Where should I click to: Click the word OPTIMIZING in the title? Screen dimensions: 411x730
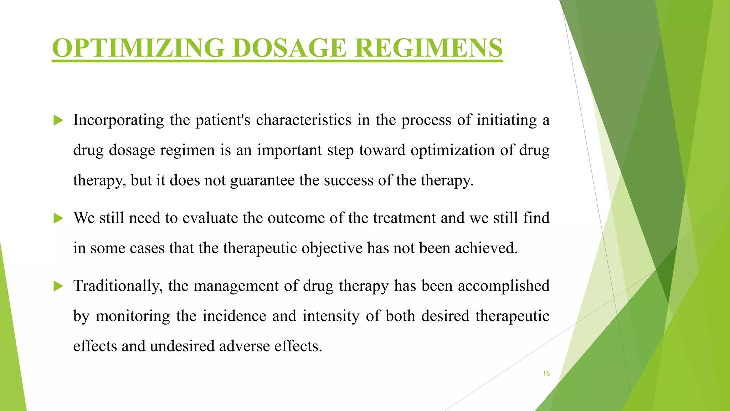pyautogui.click(x=138, y=48)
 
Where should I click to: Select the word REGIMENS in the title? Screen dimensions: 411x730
pyautogui.click(x=429, y=48)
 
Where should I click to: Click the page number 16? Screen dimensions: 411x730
pyautogui.click(x=546, y=374)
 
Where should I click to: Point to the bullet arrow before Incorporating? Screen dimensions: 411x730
pyautogui.click(x=58, y=121)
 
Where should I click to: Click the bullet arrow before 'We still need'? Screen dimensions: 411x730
pyautogui.click(x=58, y=218)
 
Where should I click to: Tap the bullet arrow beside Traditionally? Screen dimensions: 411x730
pyautogui.click(x=58, y=286)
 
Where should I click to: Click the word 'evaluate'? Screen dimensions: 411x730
pyautogui.click(x=210, y=218)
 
